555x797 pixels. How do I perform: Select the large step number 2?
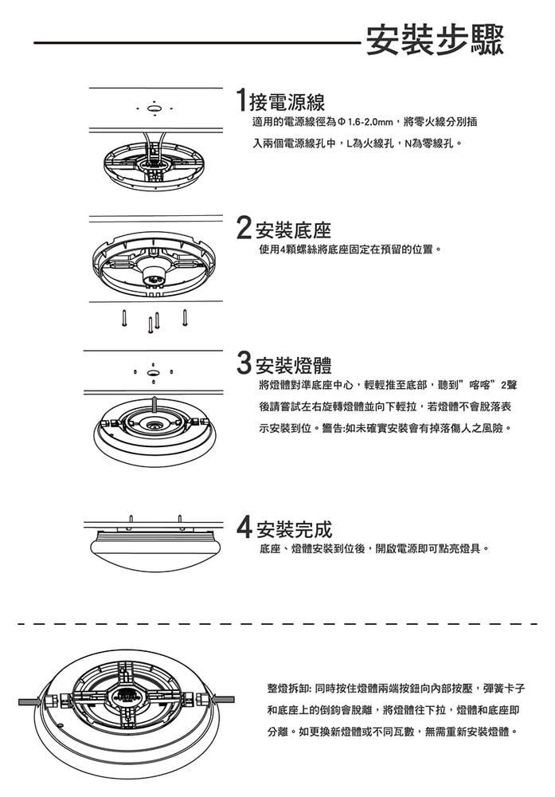(244, 229)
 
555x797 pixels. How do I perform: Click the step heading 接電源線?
(287, 103)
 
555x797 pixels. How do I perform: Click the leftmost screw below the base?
(125, 318)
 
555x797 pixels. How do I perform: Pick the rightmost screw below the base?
(185, 316)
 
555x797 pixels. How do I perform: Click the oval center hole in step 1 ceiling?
(155, 109)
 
